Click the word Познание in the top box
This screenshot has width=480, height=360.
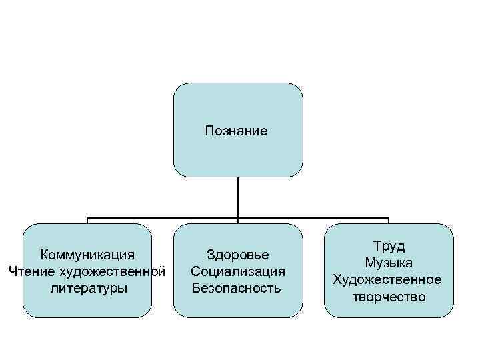(x=237, y=131)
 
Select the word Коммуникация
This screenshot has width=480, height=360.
(x=87, y=255)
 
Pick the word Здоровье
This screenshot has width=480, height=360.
(x=238, y=255)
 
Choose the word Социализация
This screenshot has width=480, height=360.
(x=238, y=271)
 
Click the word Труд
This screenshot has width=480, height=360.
(x=389, y=246)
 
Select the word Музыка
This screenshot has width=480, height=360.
(x=389, y=263)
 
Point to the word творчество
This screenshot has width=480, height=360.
(x=389, y=297)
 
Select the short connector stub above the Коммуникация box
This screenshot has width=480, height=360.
(x=87, y=221)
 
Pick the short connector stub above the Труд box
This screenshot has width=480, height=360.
(x=388, y=221)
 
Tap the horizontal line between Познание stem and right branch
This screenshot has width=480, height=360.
(x=313, y=218)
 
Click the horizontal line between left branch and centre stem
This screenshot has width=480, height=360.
(x=163, y=218)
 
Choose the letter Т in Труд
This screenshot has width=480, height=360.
(x=378, y=246)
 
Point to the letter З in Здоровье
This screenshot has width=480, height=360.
(x=211, y=255)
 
